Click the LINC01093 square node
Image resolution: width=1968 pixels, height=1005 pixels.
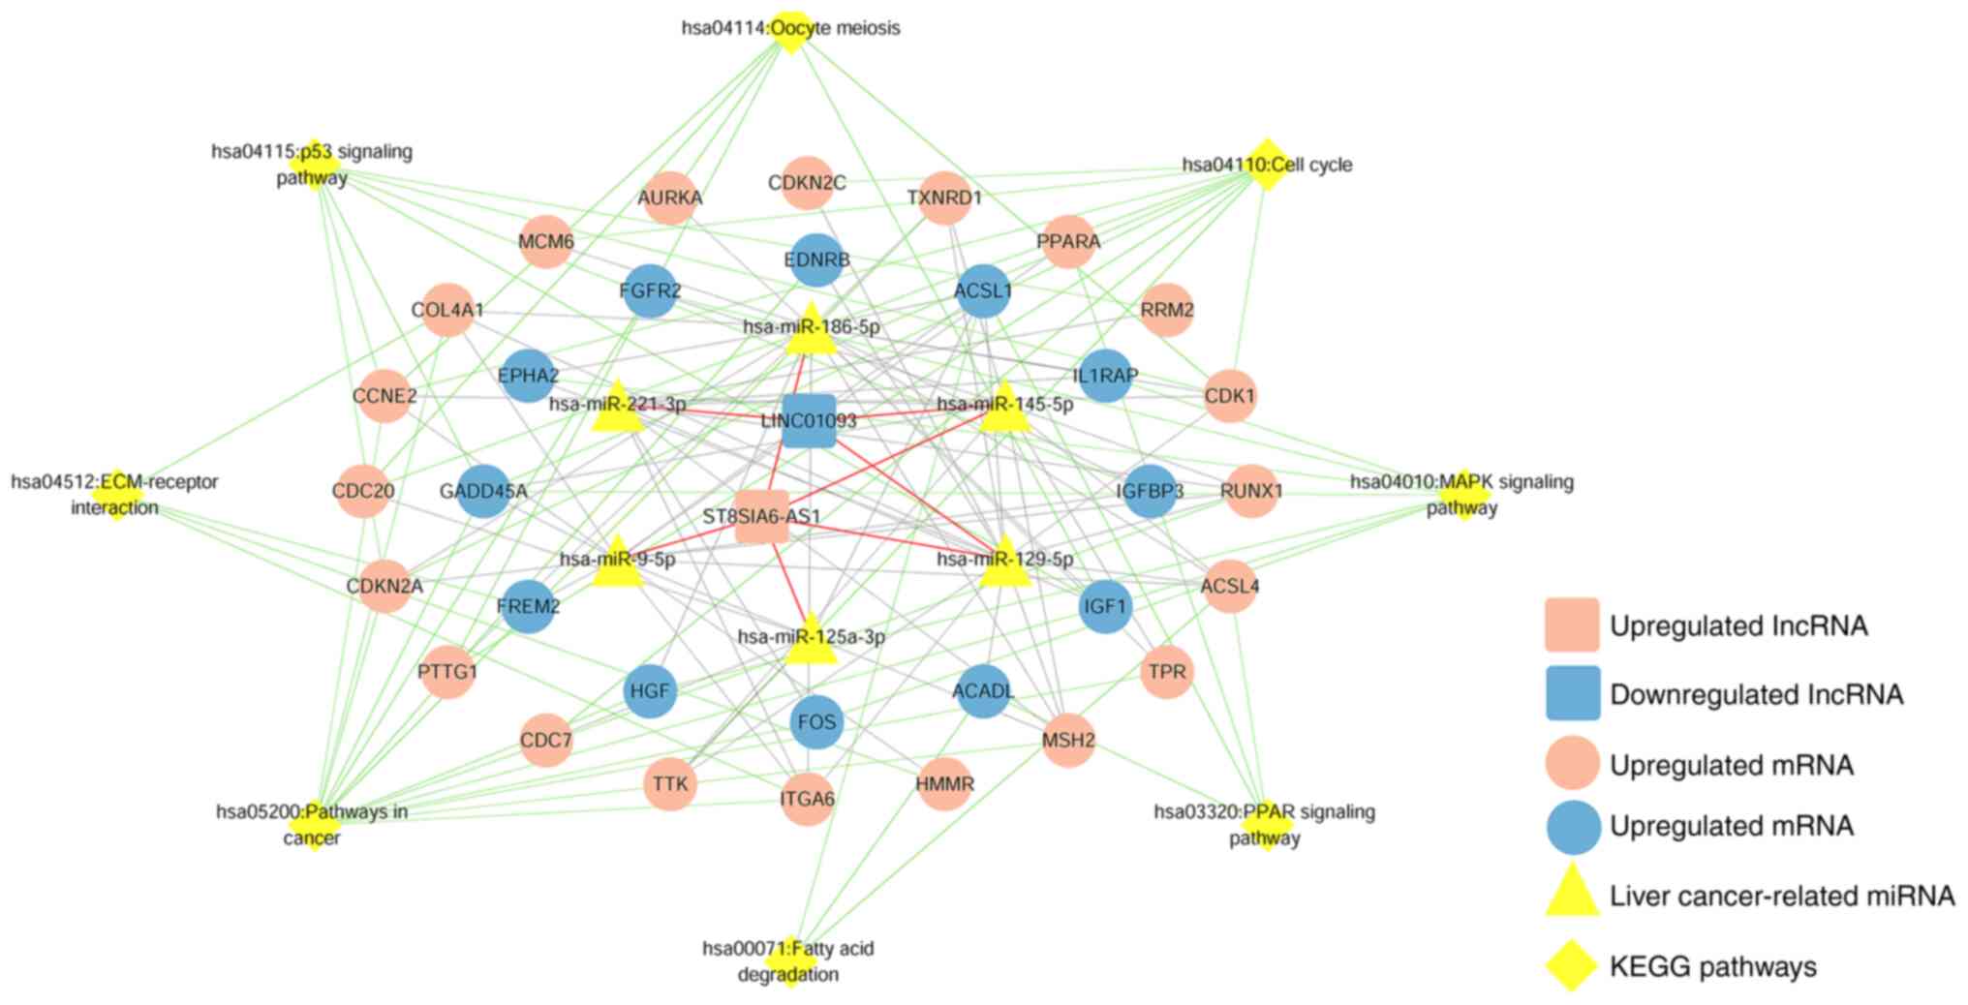pyautogui.click(x=809, y=421)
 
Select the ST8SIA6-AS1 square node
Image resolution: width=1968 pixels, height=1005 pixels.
pyautogui.click(x=762, y=516)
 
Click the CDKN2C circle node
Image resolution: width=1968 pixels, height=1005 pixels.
pyautogui.click(x=807, y=183)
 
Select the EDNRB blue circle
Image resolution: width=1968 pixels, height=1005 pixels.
pyautogui.click(x=816, y=259)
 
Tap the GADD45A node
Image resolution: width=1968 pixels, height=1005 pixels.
pyautogui.click(x=483, y=491)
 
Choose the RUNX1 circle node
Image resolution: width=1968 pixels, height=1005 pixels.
pyautogui.click(x=1251, y=491)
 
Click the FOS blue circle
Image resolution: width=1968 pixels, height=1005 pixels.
pyautogui.click(x=816, y=722)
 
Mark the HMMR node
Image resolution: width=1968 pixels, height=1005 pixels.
pyautogui.click(x=944, y=783)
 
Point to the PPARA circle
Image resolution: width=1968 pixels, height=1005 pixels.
pyautogui.click(x=1068, y=241)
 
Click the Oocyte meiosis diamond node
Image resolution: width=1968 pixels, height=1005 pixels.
pyautogui.click(x=791, y=30)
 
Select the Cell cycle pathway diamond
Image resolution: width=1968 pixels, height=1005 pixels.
pyautogui.click(x=1266, y=164)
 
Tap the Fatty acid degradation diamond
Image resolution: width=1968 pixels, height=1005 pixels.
pyautogui.click(x=791, y=959)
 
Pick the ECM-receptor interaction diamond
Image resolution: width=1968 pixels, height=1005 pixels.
pyautogui.click(x=116, y=494)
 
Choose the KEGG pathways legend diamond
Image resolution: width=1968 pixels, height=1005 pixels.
pyautogui.click(x=1571, y=965)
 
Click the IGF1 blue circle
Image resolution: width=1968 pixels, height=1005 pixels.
pyautogui.click(x=1105, y=607)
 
